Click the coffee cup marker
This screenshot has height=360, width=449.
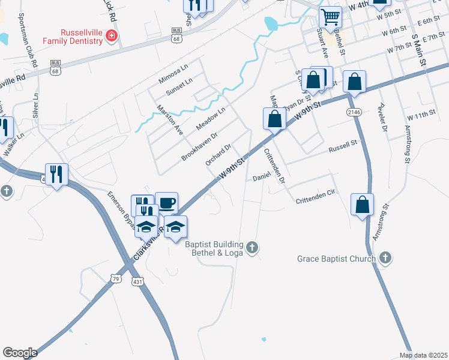pyautogui.click(x=166, y=203)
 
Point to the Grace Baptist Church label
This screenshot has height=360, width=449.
pyautogui.click(x=336, y=259)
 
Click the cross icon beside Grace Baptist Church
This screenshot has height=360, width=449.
pyautogui.click(x=385, y=259)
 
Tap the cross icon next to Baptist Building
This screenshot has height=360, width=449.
pyautogui.click(x=253, y=247)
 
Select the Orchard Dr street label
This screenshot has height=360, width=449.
pyautogui.click(x=218, y=154)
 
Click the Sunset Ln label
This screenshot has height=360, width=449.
pyautogui.click(x=179, y=86)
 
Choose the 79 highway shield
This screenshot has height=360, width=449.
pyautogui.click(x=116, y=278)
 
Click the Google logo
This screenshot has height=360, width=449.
pyautogui.click(x=20, y=352)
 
